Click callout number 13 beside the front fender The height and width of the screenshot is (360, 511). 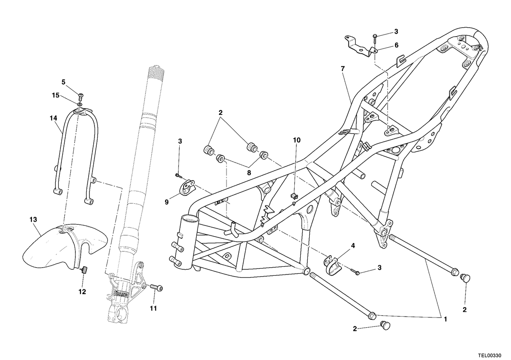33,220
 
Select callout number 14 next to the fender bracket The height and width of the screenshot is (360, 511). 54,118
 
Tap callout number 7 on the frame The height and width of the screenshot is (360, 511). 343,69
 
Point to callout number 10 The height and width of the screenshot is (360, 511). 297,140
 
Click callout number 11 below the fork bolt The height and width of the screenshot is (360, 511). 153,308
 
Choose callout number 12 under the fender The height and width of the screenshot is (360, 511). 82,291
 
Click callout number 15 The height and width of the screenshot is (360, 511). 55,95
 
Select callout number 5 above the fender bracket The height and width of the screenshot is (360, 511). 63,82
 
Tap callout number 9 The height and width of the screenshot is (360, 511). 167,202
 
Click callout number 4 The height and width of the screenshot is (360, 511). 353,246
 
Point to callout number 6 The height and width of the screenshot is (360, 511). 396,46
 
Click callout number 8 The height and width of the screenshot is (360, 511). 249,173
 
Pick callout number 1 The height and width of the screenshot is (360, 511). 445,319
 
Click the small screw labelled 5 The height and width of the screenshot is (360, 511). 81,97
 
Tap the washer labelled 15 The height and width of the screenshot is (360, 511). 80,104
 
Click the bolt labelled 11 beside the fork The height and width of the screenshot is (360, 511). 157,288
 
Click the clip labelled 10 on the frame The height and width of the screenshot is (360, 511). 294,196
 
